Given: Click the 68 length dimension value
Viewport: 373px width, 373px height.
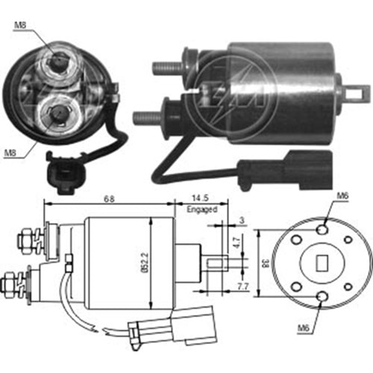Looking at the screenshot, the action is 109,199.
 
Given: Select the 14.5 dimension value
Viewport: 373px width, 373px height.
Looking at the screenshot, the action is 200,198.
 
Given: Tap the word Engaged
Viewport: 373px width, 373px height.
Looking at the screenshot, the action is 202,210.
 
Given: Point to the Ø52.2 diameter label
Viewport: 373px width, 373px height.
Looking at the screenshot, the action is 145,263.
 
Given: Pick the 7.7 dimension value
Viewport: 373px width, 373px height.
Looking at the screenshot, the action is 242,286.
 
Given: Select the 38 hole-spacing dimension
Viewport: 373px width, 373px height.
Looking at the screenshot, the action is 266,263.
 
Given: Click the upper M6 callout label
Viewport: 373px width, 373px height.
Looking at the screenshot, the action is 342,196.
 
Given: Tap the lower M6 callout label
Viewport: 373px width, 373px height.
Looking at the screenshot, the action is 304,328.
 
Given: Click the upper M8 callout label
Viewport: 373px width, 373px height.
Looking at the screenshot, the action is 20,25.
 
